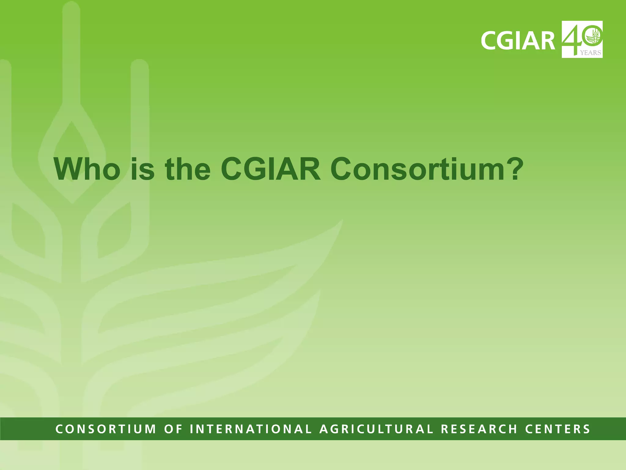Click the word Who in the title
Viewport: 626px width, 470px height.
click(x=87, y=169)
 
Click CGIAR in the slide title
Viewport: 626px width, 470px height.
click(x=271, y=169)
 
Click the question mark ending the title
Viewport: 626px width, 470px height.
click(x=514, y=169)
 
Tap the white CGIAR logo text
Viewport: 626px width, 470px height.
click(x=518, y=40)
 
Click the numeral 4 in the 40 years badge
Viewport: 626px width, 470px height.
click(x=572, y=38)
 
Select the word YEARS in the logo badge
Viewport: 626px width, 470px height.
click(x=591, y=53)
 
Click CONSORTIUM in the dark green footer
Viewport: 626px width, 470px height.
click(x=106, y=429)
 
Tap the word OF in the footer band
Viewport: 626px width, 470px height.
click(x=173, y=429)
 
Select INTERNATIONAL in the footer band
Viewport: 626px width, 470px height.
click(x=251, y=429)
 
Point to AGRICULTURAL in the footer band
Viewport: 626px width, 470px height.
click(x=376, y=429)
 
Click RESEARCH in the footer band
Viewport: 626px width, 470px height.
click(x=479, y=429)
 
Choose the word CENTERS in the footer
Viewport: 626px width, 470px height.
click(x=558, y=429)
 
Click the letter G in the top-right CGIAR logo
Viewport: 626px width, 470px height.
click(x=505, y=40)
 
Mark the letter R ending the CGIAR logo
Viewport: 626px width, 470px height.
click(x=547, y=40)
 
